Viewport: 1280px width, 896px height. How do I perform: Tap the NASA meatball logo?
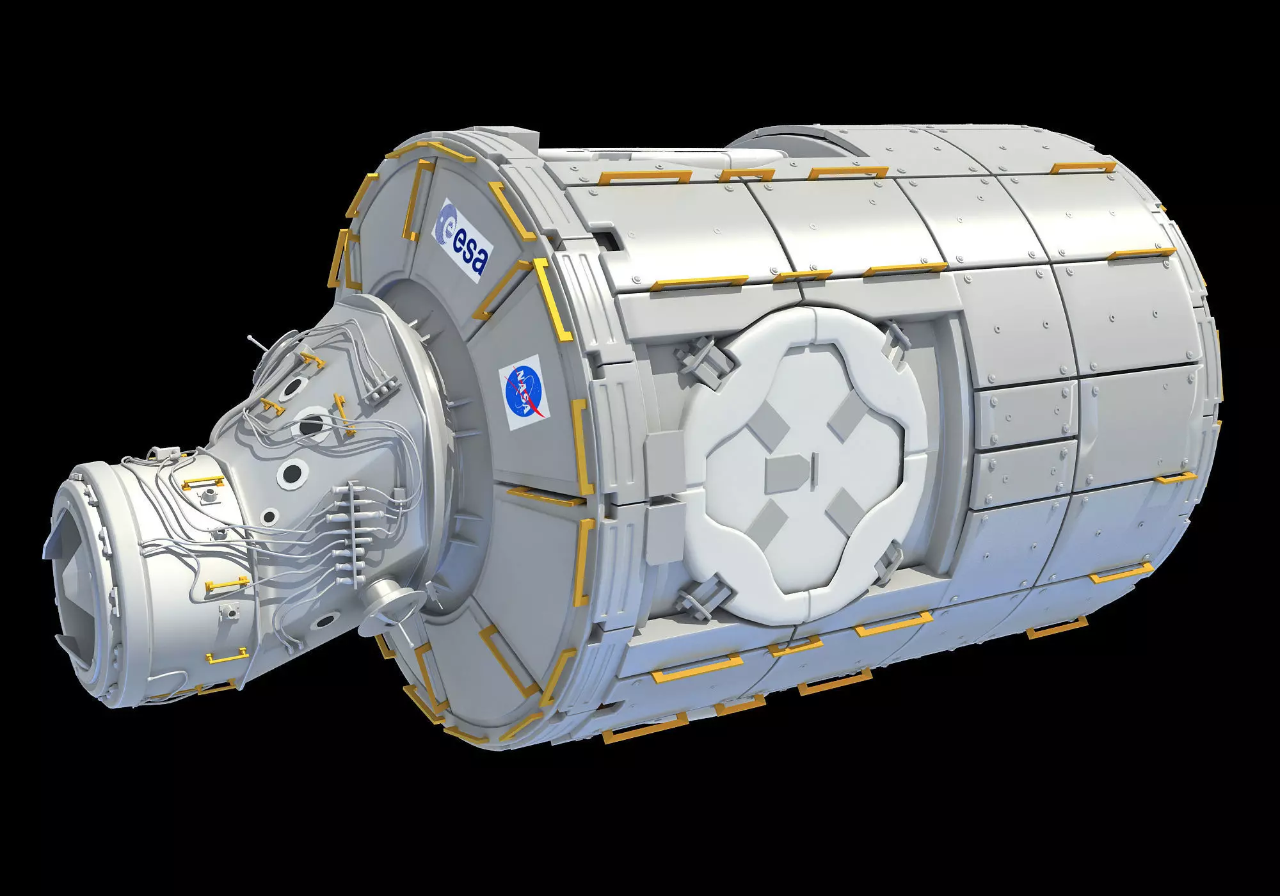click(x=524, y=392)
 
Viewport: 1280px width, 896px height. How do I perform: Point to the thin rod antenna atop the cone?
click(x=257, y=343)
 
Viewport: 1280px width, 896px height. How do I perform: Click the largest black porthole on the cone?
click(x=313, y=423)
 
